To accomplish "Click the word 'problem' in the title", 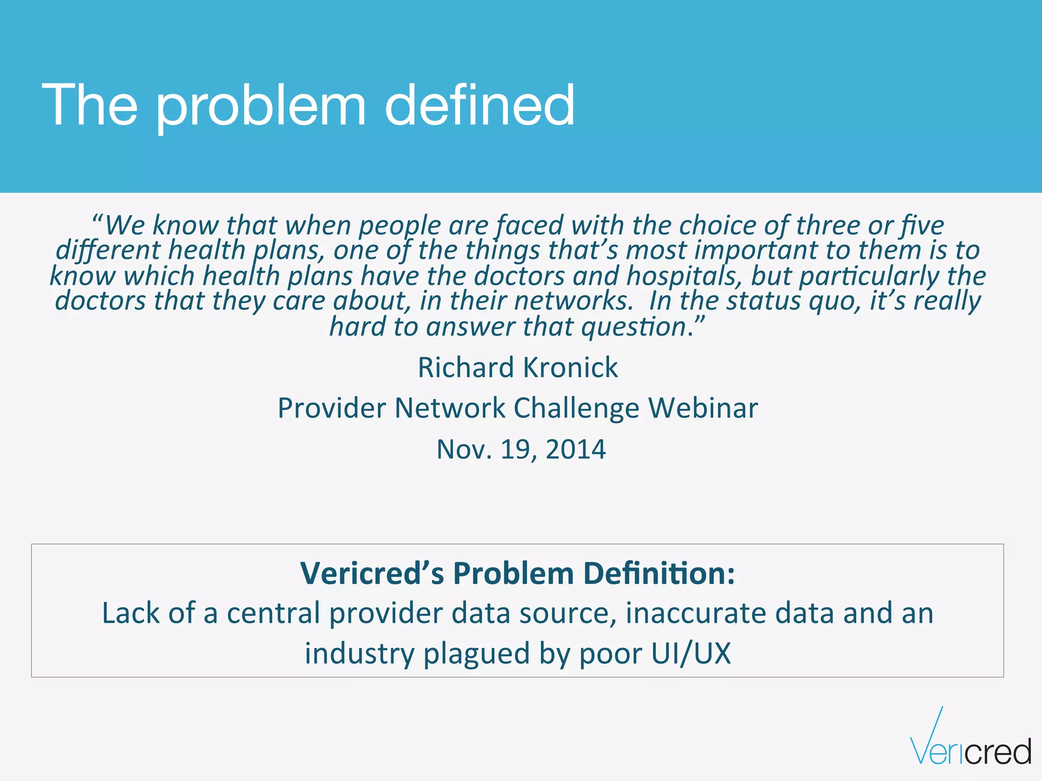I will point(260,107).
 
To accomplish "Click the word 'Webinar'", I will point(703,408).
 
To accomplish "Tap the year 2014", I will point(575,449).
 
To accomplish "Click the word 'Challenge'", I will point(576,408).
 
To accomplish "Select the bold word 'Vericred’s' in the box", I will point(372,574).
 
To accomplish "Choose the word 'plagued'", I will point(477,653).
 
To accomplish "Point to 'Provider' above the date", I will point(331,408).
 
